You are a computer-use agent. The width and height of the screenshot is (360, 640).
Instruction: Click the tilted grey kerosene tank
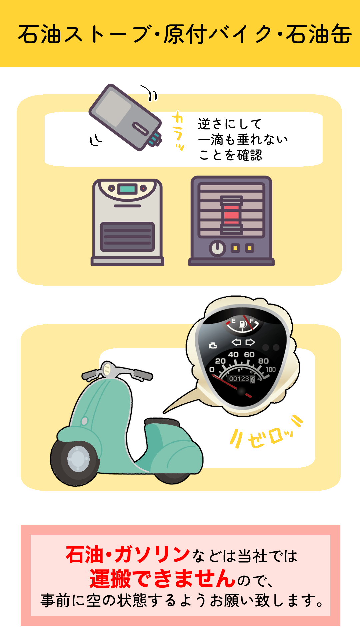point(125,117)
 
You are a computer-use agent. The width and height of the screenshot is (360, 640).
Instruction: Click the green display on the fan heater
point(127,189)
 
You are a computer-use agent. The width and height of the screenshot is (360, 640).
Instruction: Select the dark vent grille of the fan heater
point(127,237)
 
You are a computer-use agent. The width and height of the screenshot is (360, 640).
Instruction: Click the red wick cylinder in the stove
point(231,215)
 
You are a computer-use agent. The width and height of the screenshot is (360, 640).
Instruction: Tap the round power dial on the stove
point(217,248)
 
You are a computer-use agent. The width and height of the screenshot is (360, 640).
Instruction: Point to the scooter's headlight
point(107,369)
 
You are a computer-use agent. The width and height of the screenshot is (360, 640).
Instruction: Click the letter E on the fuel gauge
point(233,321)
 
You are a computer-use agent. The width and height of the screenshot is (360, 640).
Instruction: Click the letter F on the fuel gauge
point(252,321)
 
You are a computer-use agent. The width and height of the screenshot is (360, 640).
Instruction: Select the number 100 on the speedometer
point(271,369)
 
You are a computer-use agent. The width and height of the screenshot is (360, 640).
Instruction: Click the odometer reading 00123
point(239,379)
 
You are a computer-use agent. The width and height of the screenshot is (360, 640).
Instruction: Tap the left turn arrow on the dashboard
point(236,342)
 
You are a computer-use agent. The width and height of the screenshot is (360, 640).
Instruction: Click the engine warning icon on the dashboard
point(212,346)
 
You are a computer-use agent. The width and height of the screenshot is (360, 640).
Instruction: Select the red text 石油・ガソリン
point(128,555)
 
